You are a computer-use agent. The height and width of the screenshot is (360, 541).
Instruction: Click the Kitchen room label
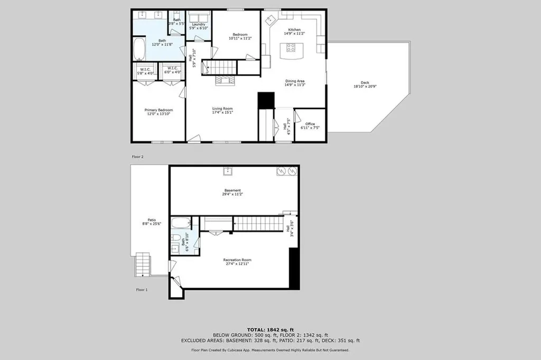pyautogui.click(x=294, y=30)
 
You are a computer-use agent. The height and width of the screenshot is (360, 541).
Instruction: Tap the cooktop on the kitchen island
pyautogui.click(x=291, y=48)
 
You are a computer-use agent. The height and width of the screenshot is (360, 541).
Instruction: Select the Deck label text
pyautogui.click(x=365, y=82)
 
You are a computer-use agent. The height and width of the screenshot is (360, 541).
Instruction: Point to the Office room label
pyautogui.click(x=310, y=124)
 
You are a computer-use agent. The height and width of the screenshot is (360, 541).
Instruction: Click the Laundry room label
pyautogui.click(x=199, y=24)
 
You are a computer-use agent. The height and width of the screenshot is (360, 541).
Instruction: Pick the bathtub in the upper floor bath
pyautogui.click(x=139, y=49)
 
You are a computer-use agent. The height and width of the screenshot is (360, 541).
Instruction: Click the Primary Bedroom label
pyautogui.click(x=158, y=110)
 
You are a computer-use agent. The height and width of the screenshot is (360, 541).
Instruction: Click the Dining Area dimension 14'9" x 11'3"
pyautogui.click(x=295, y=85)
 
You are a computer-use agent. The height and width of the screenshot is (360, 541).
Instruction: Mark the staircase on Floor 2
pyautogui.click(x=221, y=67)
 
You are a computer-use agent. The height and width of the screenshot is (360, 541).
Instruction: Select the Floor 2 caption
pyautogui.click(x=137, y=157)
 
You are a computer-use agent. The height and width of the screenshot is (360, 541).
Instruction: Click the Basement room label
pyautogui.click(x=232, y=190)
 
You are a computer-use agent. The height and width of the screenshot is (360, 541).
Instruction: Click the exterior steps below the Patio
pyautogui.click(x=143, y=264)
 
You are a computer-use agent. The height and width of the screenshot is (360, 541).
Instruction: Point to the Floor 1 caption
pyautogui.click(x=142, y=290)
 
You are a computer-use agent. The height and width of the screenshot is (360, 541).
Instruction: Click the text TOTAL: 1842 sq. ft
pyautogui.click(x=270, y=329)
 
